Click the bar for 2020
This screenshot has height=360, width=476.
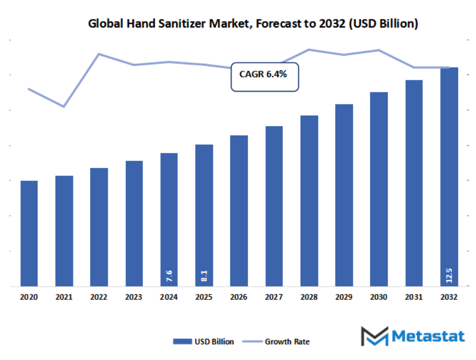(x=29, y=233)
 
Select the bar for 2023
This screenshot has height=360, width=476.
(x=134, y=224)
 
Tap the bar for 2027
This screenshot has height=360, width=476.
(x=274, y=206)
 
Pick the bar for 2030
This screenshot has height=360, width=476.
(x=379, y=190)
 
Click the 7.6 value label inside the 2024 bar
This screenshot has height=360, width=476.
(x=169, y=276)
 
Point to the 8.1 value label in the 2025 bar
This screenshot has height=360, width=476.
(x=204, y=276)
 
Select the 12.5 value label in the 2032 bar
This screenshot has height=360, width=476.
(x=449, y=276)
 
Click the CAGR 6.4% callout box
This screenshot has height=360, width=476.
(x=265, y=75)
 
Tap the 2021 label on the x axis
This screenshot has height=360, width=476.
(x=64, y=298)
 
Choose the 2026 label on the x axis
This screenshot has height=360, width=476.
(x=239, y=298)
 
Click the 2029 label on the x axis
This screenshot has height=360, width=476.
(x=344, y=298)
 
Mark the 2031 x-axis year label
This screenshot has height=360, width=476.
(x=414, y=298)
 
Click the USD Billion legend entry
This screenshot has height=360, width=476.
(x=203, y=342)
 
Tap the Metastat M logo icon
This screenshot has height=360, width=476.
(x=374, y=337)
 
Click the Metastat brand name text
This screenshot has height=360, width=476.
(x=428, y=336)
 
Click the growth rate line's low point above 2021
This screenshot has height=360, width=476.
(x=64, y=107)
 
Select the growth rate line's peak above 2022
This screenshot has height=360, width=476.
(x=99, y=54)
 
